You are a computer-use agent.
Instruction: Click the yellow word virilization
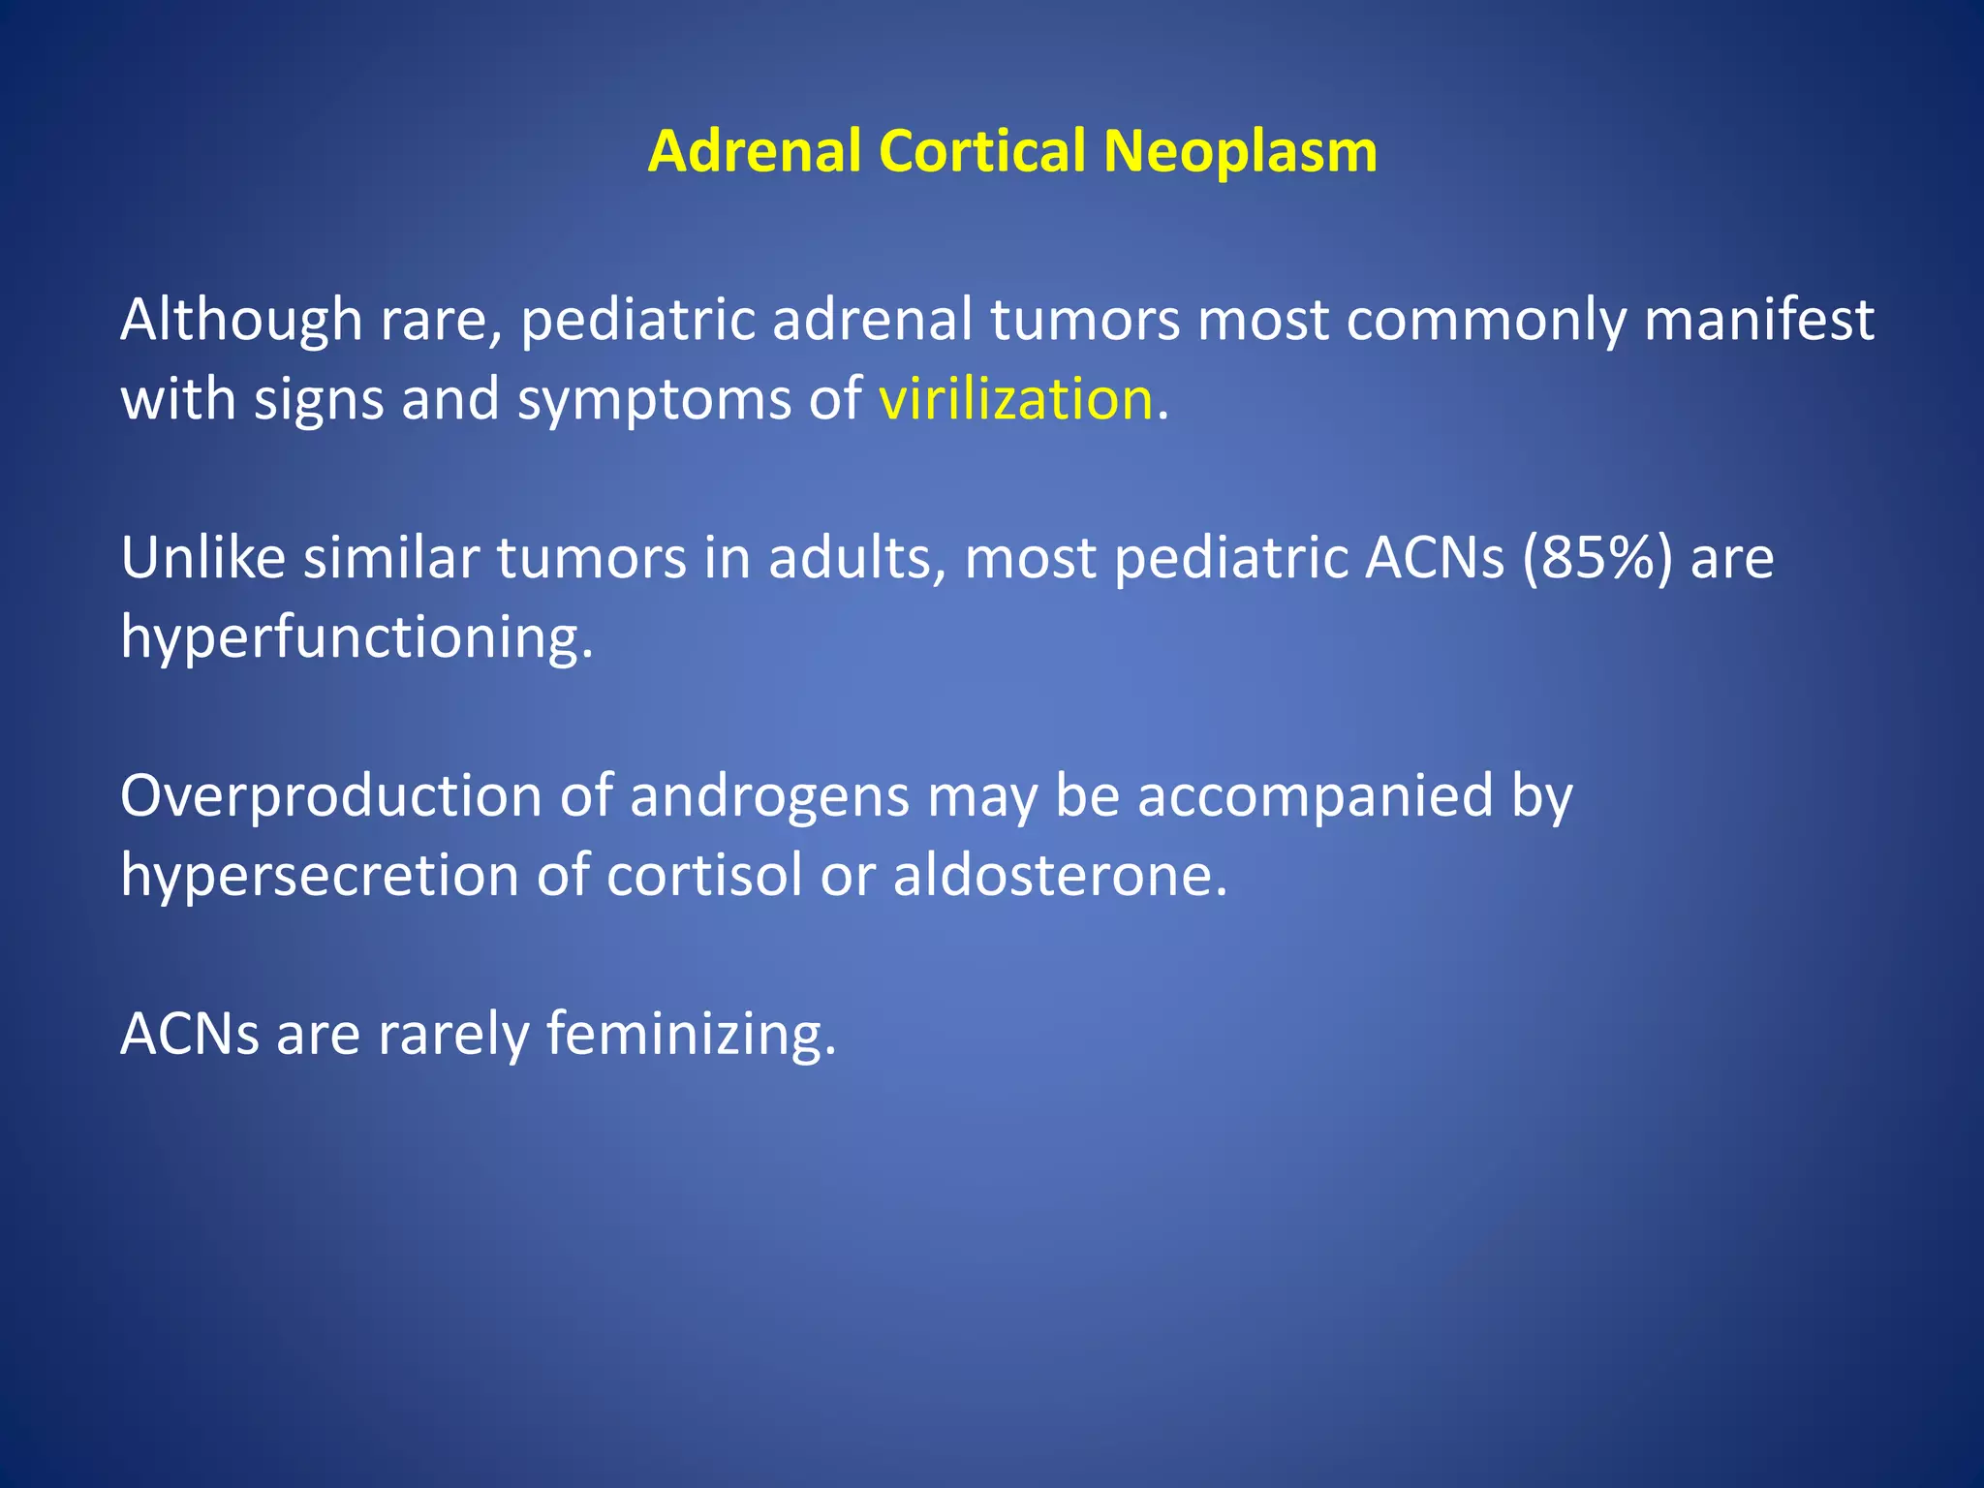tap(1015, 398)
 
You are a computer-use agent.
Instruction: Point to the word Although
tap(240, 320)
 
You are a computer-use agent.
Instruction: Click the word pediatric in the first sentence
tap(637, 320)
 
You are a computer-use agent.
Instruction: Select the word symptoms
tap(654, 400)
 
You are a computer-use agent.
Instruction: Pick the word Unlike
tap(202, 558)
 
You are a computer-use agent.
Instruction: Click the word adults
tap(849, 558)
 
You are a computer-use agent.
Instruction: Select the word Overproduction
tap(330, 796)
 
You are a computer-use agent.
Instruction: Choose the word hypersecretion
tap(320, 877)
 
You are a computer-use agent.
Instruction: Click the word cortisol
tap(704, 875)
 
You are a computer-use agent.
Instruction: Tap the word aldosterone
tap(1059, 875)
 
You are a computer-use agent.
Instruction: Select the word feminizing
tap(690, 1035)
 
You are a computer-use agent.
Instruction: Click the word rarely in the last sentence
tap(452, 1035)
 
